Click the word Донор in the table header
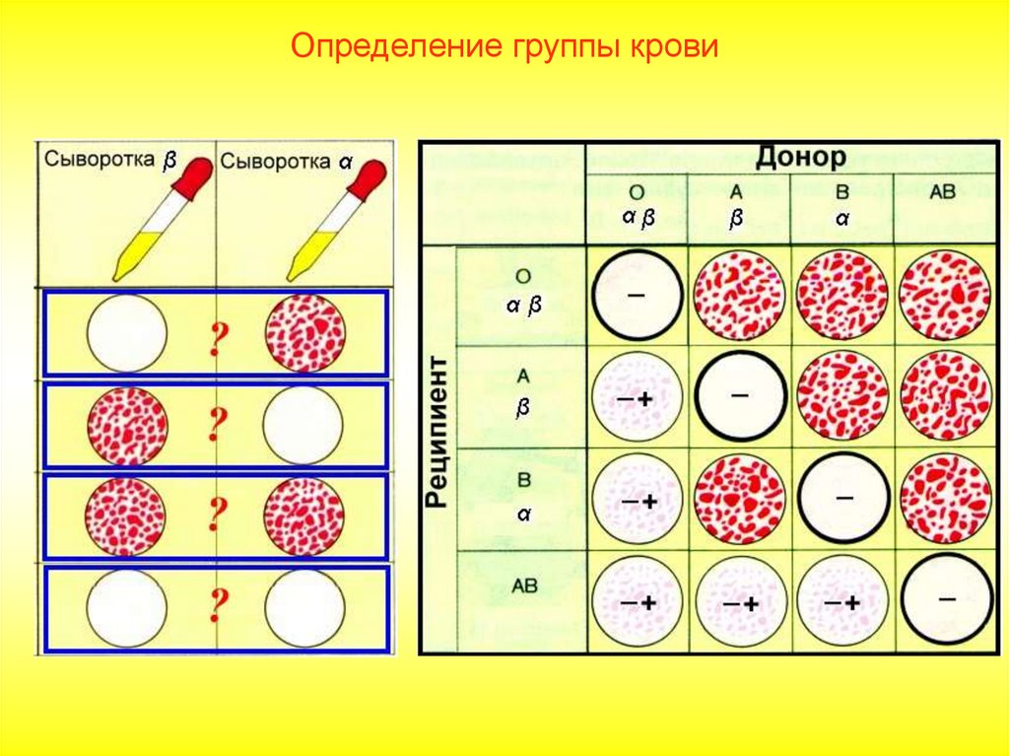800,157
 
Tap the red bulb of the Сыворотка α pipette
370,178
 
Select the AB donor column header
943,193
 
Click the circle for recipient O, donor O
637,295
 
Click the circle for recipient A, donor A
740,397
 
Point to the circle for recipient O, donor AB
945,295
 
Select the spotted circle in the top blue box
305,333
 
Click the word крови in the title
670,47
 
